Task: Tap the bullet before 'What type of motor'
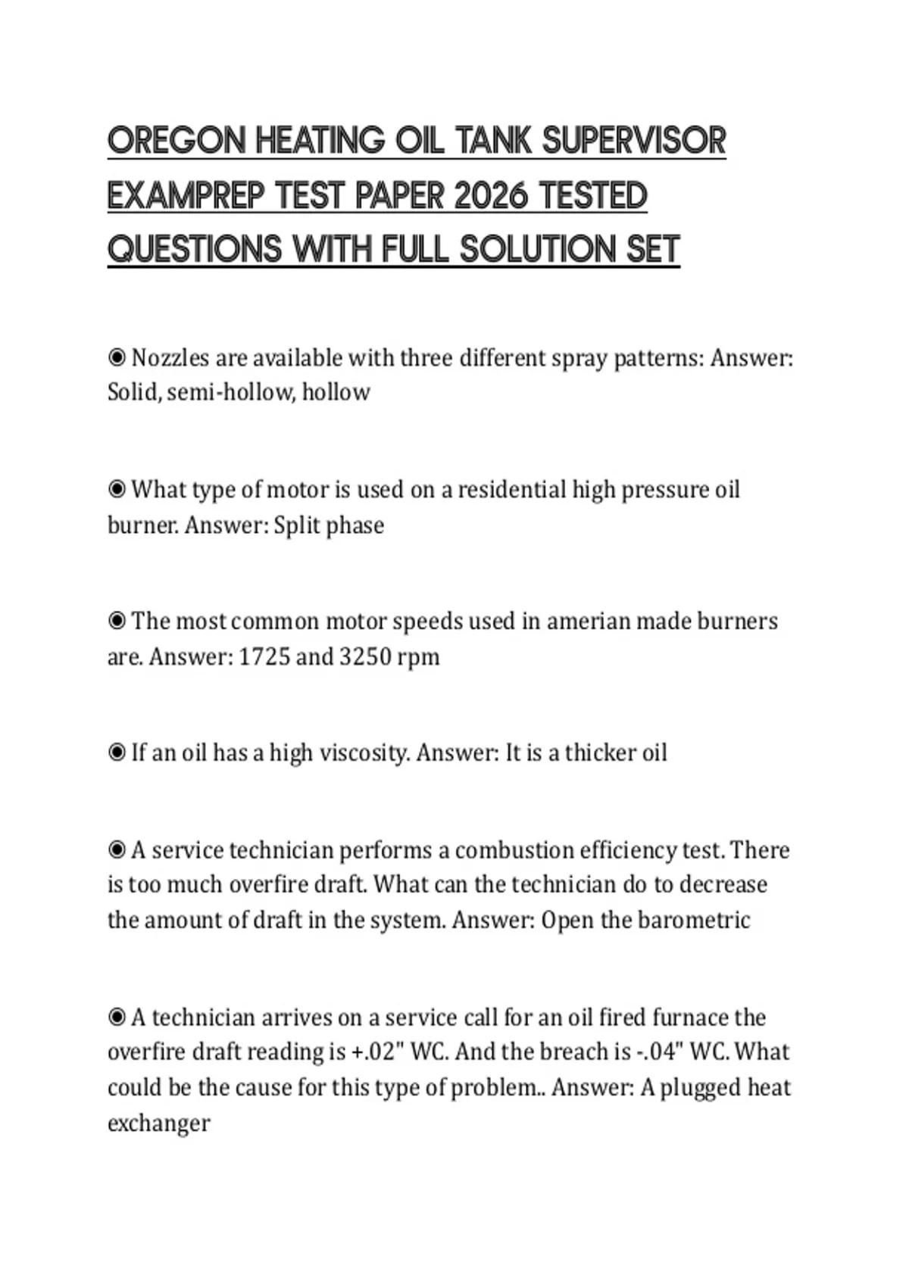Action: [117, 490]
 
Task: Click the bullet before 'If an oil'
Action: [117, 753]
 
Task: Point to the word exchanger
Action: [158, 1122]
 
